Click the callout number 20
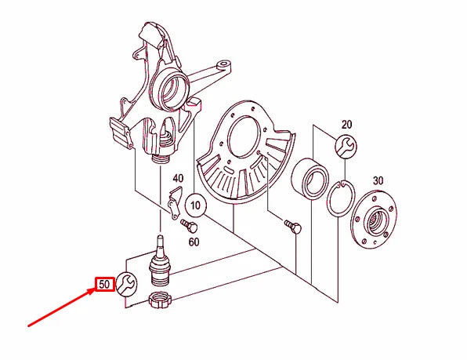tap(346, 125)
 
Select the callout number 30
tap(378, 181)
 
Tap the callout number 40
tap(178, 178)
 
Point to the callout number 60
tap(194, 242)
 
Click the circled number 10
tap(196, 207)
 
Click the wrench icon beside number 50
tap(127, 283)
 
